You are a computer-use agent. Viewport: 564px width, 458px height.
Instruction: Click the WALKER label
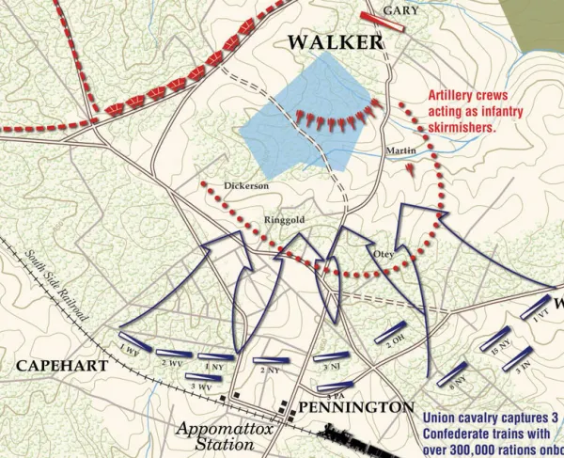click(x=335, y=43)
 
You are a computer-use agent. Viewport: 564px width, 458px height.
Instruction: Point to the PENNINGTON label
click(x=355, y=407)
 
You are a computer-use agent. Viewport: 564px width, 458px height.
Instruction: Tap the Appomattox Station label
click(x=218, y=436)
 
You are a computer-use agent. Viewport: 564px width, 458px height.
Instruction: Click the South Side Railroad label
click(x=57, y=288)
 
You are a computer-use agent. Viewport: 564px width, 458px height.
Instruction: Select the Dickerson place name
click(x=246, y=186)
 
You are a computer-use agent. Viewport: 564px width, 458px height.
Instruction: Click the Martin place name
click(x=401, y=150)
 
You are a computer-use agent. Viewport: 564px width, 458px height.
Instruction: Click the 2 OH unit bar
click(x=392, y=333)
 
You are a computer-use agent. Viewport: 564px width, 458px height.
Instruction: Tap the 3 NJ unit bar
click(x=328, y=356)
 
